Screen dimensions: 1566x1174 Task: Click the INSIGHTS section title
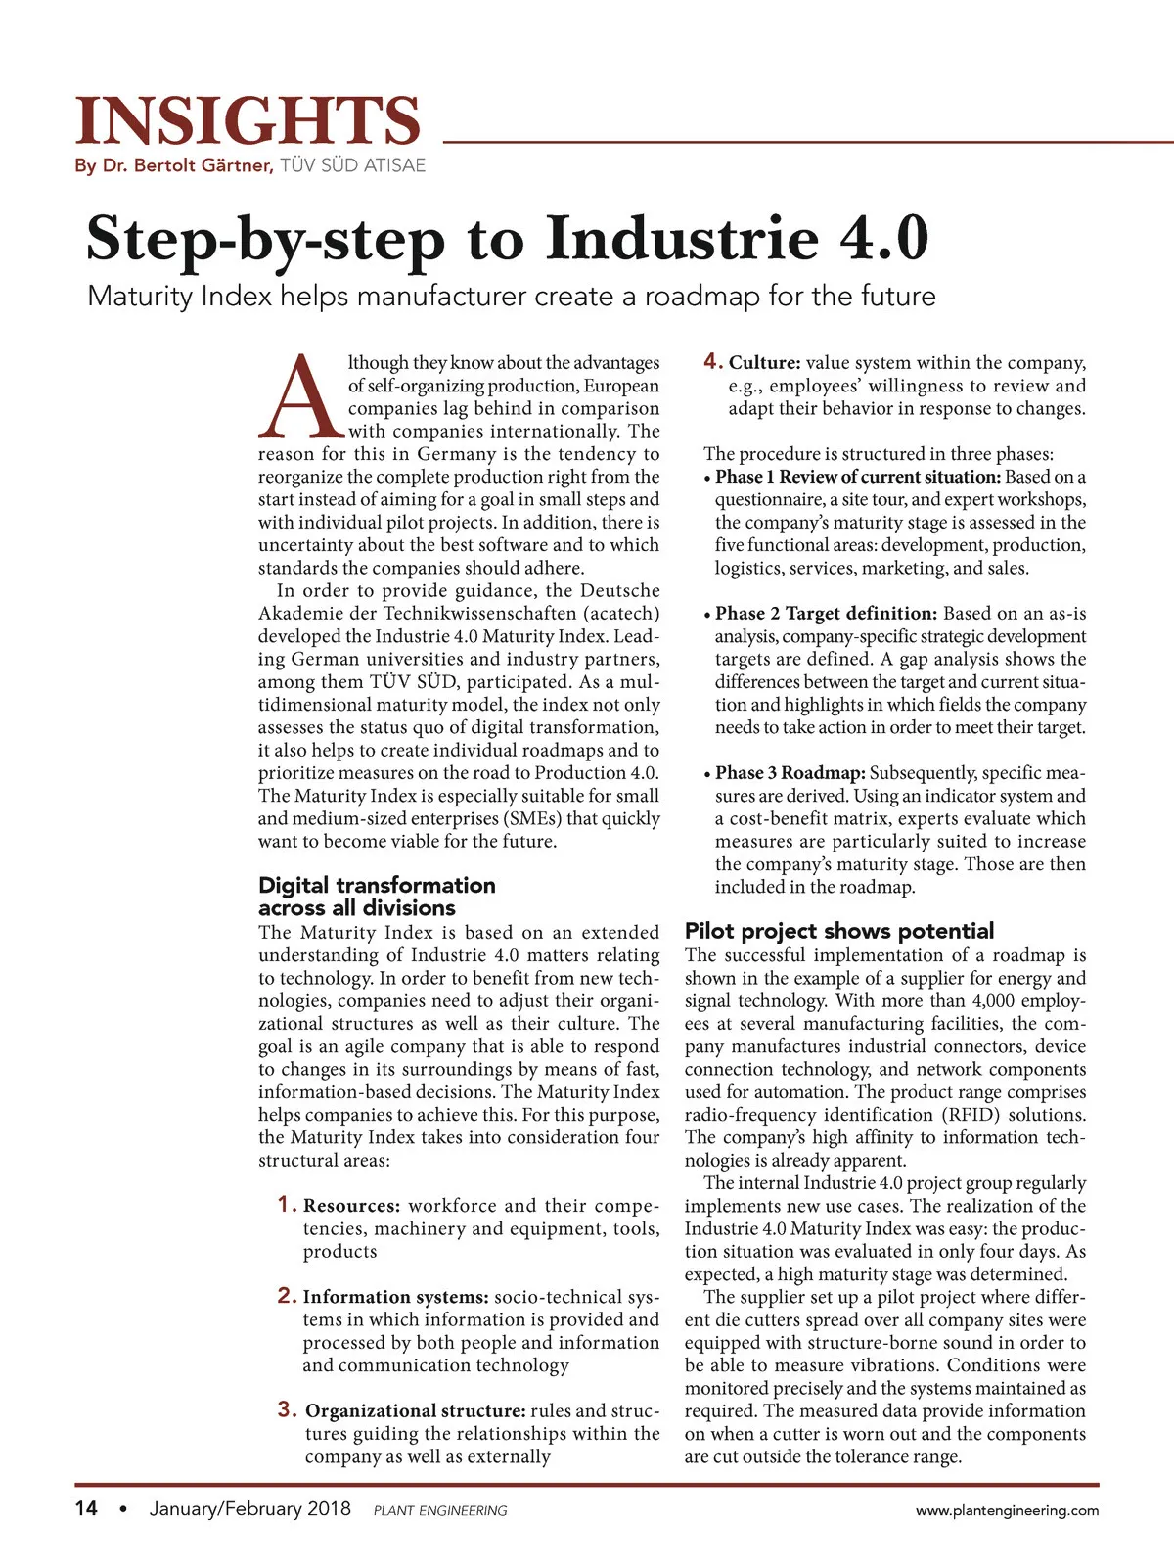pos(248,121)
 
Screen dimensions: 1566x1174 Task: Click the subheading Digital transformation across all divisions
pos(377,897)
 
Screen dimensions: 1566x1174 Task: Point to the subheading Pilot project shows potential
pos(838,931)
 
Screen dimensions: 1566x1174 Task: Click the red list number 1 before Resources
pos(286,1205)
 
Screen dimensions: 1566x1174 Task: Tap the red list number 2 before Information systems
pos(286,1296)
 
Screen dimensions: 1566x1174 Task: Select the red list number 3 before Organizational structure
pos(287,1409)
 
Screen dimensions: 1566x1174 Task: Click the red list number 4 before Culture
pos(712,362)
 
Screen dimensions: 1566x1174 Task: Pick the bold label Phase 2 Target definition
pos(826,614)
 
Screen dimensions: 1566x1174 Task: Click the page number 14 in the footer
pos(86,1509)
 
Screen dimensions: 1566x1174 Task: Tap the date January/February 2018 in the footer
pos(249,1509)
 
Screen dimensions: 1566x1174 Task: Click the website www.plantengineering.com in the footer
pos(1007,1510)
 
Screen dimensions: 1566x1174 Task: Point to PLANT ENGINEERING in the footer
pos(440,1511)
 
